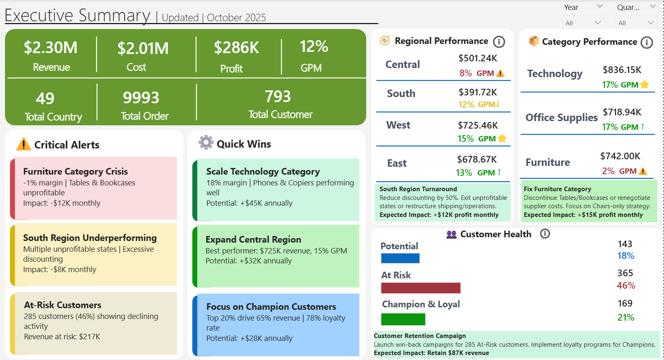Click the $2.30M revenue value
click(x=51, y=48)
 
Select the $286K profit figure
click(x=236, y=48)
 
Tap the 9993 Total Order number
click(x=141, y=98)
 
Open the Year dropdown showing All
click(x=583, y=23)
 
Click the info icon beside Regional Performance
click(x=499, y=41)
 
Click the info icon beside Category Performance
click(x=647, y=42)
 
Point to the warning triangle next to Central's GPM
click(x=500, y=73)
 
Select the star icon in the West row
click(x=502, y=139)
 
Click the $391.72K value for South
click(x=477, y=92)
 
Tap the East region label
click(x=397, y=163)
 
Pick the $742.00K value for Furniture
click(x=620, y=156)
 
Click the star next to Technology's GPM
click(x=645, y=85)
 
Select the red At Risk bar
click(x=420, y=288)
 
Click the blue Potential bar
click(x=400, y=258)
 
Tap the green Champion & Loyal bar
click(x=403, y=319)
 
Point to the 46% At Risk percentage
click(x=625, y=285)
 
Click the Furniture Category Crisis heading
click(x=75, y=171)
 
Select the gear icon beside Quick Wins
click(x=206, y=142)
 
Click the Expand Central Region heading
click(x=253, y=239)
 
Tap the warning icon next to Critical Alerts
click(x=24, y=144)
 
